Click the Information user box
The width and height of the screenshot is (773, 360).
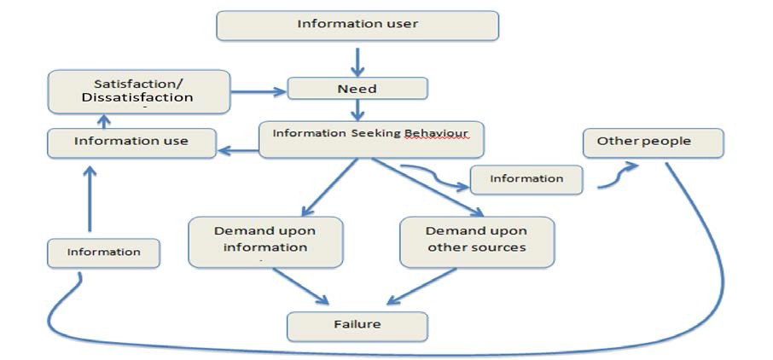(357, 25)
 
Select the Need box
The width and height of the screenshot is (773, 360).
(357, 89)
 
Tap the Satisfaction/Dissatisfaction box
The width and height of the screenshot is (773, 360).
(138, 90)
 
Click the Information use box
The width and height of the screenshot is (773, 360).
(131, 142)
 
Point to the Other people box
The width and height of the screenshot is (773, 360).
(654, 142)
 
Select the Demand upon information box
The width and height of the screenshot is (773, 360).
(265, 241)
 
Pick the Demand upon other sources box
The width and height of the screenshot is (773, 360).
(476, 241)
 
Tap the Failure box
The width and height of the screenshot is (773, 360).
(357, 325)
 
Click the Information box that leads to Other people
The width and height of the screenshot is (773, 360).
(526, 179)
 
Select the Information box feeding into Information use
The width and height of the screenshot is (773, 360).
(104, 253)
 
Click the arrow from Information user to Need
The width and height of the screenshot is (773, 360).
(357, 59)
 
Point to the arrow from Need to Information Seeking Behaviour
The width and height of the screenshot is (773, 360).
(357, 110)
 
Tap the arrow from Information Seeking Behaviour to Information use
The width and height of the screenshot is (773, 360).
(238, 151)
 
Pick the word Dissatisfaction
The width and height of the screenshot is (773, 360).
(137, 98)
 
